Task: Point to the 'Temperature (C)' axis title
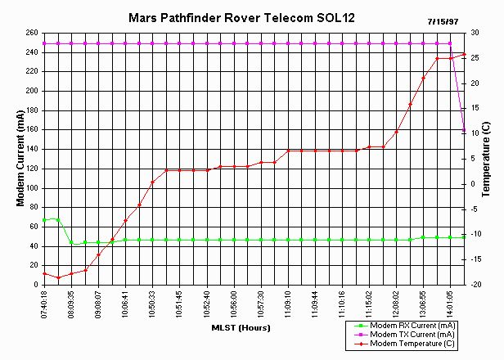pyautogui.click(x=488, y=160)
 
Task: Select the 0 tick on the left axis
pyautogui.click(x=34, y=285)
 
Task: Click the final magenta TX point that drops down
pyautogui.click(x=464, y=130)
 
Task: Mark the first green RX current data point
pyautogui.click(x=44, y=221)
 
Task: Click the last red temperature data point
pyautogui.click(x=464, y=54)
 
